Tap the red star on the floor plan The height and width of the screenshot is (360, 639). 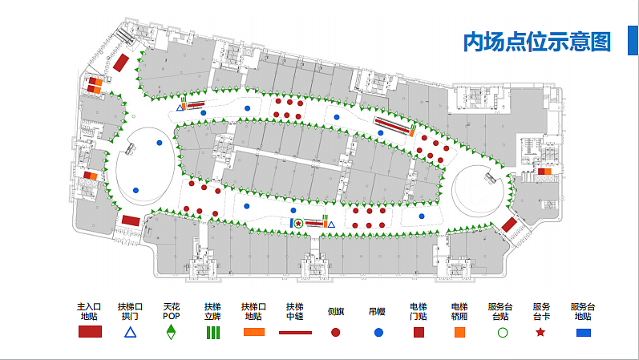coord(298,223)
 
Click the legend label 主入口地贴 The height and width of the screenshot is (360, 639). coord(90,311)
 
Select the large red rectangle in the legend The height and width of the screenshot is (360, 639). coord(90,332)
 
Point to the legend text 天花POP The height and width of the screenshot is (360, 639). coord(171,311)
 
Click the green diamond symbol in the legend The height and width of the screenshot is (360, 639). coord(171,332)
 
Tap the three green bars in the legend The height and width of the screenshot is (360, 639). coord(212,332)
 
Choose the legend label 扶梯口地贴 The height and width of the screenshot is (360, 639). coord(253,311)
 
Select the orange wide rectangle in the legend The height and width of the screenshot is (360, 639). coord(253,332)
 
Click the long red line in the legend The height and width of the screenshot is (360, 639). coord(294,331)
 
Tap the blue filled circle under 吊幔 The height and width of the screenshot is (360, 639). coord(377,332)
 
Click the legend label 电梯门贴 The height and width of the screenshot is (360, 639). coord(418,311)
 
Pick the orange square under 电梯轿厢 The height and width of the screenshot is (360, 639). coord(459,332)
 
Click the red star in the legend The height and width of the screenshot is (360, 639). coord(541,332)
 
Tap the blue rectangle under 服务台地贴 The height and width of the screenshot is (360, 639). coord(583,332)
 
